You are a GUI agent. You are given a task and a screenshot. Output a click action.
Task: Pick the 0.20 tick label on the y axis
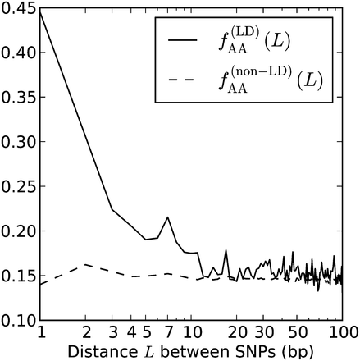click(x=18, y=231)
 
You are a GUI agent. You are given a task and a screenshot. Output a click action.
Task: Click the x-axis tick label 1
click(x=40, y=332)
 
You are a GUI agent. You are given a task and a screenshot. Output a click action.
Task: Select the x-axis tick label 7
click(x=167, y=332)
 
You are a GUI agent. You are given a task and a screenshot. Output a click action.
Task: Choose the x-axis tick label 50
click(x=296, y=332)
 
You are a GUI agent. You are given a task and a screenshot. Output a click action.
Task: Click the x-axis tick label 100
click(x=341, y=332)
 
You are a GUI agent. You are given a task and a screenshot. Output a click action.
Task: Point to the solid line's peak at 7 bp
click(x=167, y=217)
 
